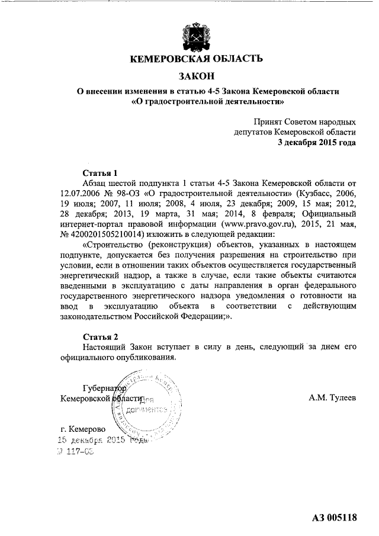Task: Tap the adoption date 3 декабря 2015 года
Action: tap(317, 143)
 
